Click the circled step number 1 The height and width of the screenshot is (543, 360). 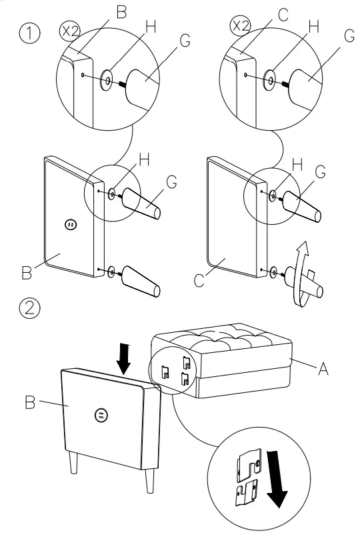[x=29, y=33]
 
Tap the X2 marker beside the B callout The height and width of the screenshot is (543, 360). [x=70, y=31]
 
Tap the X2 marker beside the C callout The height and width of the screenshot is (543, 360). [x=241, y=26]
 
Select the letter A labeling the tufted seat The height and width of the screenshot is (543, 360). [x=323, y=368]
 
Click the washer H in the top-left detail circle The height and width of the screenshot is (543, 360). [x=107, y=80]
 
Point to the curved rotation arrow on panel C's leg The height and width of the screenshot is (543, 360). [x=301, y=274]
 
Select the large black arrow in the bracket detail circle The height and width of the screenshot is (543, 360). [x=277, y=479]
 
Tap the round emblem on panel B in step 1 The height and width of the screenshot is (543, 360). [x=71, y=225]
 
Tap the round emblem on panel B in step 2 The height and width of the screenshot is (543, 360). [x=101, y=415]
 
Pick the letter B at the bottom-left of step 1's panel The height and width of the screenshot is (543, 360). [x=26, y=272]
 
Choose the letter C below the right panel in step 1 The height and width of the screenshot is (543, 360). [x=199, y=280]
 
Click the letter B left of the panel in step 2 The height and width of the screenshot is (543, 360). [x=30, y=402]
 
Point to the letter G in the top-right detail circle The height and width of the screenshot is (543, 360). [x=349, y=35]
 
